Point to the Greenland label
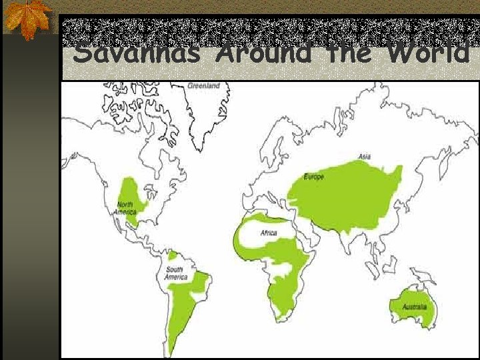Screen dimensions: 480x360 tap(203, 86)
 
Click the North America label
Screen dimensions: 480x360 tap(125, 208)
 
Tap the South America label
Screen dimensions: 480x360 tap(176, 273)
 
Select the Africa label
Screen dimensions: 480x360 tap(269, 233)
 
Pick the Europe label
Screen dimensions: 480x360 tap(314, 177)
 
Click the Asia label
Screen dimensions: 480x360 tap(365, 157)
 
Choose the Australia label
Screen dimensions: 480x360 tap(414, 307)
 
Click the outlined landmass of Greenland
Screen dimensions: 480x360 tap(200, 113)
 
